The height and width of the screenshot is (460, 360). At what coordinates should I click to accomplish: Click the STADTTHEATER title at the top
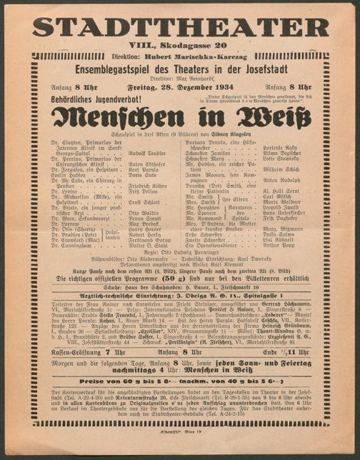tap(180, 27)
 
